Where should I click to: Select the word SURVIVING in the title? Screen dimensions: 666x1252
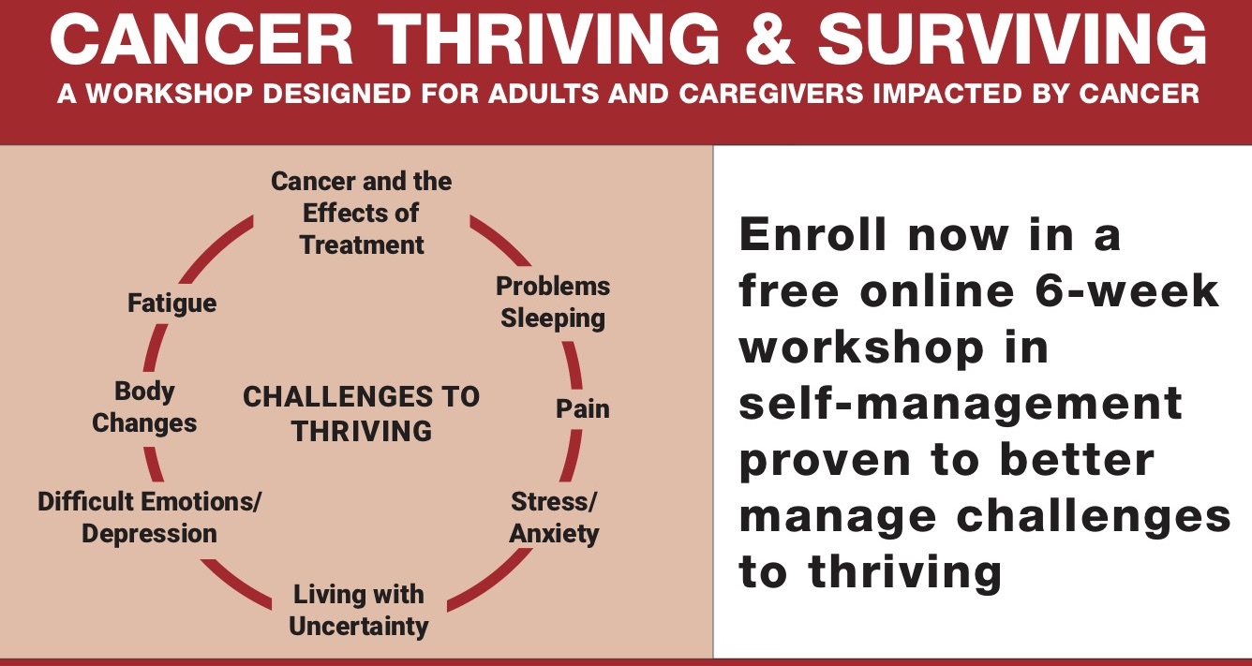pos(1011,42)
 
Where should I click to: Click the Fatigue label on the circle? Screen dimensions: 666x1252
pos(172,303)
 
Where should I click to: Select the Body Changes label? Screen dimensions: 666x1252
pos(144,407)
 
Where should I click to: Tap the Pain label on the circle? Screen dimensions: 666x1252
pos(582,409)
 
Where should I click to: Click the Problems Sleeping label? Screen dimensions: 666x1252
pos(553,303)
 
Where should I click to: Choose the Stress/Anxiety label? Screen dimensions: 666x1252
pos(554,518)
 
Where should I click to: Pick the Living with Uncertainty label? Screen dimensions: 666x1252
pos(359,610)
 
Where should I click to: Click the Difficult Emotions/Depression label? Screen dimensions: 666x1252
pos(150,517)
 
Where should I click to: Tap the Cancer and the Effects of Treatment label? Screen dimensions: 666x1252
pos(362,213)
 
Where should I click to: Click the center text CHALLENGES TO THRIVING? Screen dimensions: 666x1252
pos(362,413)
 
